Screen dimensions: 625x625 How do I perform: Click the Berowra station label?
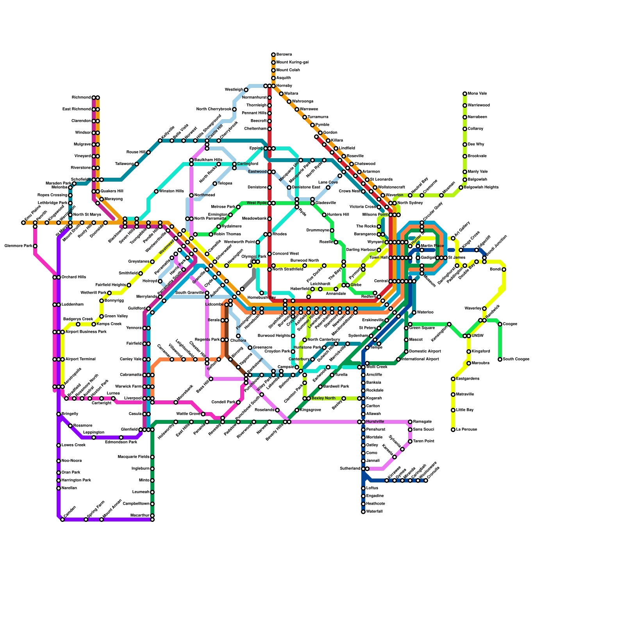click(284, 55)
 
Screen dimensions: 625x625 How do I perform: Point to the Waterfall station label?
click(374, 512)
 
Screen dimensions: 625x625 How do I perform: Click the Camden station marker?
click(62, 520)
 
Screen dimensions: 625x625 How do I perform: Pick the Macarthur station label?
click(140, 516)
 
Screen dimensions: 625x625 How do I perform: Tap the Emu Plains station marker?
click(23, 223)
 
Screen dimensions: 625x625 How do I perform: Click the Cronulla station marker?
click(426, 480)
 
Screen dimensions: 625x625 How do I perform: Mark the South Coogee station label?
click(516, 359)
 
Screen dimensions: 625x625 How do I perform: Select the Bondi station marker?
click(504, 270)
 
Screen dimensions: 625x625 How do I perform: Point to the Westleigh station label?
click(234, 90)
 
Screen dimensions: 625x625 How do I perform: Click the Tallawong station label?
click(124, 164)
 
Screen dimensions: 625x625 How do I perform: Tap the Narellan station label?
click(69, 488)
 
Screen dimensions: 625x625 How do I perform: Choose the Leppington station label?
click(94, 433)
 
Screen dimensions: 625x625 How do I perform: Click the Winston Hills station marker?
click(156, 191)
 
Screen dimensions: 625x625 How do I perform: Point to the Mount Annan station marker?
click(102, 520)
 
